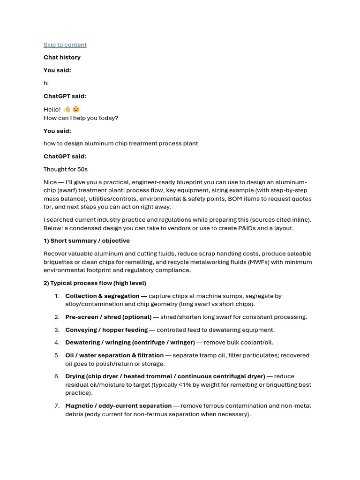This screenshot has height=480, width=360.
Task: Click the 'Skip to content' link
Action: [65, 45]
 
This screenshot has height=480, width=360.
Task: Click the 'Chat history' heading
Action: [62, 57]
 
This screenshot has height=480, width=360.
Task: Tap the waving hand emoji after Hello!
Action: [67, 109]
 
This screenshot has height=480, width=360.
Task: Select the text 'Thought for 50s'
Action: [66, 169]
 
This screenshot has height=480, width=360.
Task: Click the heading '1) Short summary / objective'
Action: [87, 240]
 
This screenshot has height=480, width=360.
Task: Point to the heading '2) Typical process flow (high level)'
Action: [95, 283]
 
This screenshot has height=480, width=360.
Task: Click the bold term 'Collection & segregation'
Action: [102, 296]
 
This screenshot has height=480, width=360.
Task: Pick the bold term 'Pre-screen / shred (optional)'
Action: [108, 317]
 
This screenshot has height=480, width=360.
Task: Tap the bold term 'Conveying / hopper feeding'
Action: [106, 330]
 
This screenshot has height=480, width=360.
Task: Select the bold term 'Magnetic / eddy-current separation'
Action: [118, 405]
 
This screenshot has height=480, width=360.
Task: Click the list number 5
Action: [57, 355]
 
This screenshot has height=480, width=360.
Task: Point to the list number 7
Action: [57, 405]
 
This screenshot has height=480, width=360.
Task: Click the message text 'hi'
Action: [46, 83]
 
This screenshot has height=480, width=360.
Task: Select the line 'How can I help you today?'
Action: [81, 118]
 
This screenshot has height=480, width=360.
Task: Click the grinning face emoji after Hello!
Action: [76, 109]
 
